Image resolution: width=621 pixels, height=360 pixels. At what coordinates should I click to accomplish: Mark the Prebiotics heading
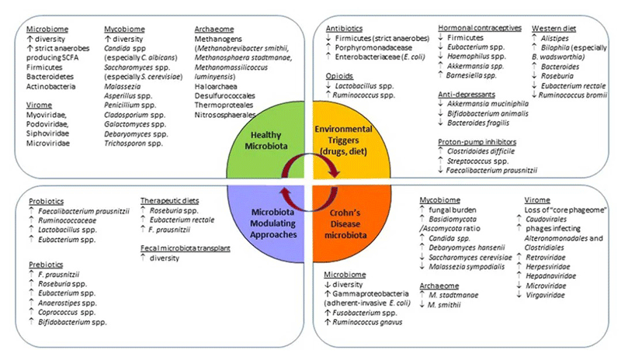tap(46, 264)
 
